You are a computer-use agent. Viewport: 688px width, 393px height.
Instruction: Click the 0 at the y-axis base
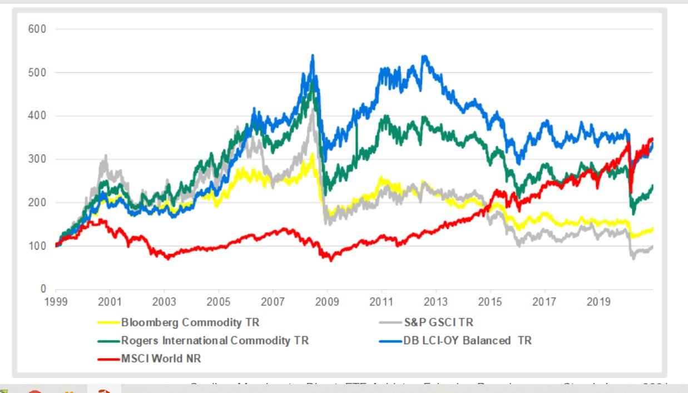[42, 289]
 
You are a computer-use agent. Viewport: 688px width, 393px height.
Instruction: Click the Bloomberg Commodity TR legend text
[191, 322]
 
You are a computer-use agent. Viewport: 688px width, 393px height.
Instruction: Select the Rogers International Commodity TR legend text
[215, 341]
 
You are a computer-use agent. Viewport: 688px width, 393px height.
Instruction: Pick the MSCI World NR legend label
[161, 359]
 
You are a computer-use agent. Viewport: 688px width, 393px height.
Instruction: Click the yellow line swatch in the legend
[107, 322]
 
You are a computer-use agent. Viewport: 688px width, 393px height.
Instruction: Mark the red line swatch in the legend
[107, 359]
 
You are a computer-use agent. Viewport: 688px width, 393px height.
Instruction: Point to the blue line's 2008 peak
[313, 56]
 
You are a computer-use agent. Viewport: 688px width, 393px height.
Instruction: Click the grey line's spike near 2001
[105, 156]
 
